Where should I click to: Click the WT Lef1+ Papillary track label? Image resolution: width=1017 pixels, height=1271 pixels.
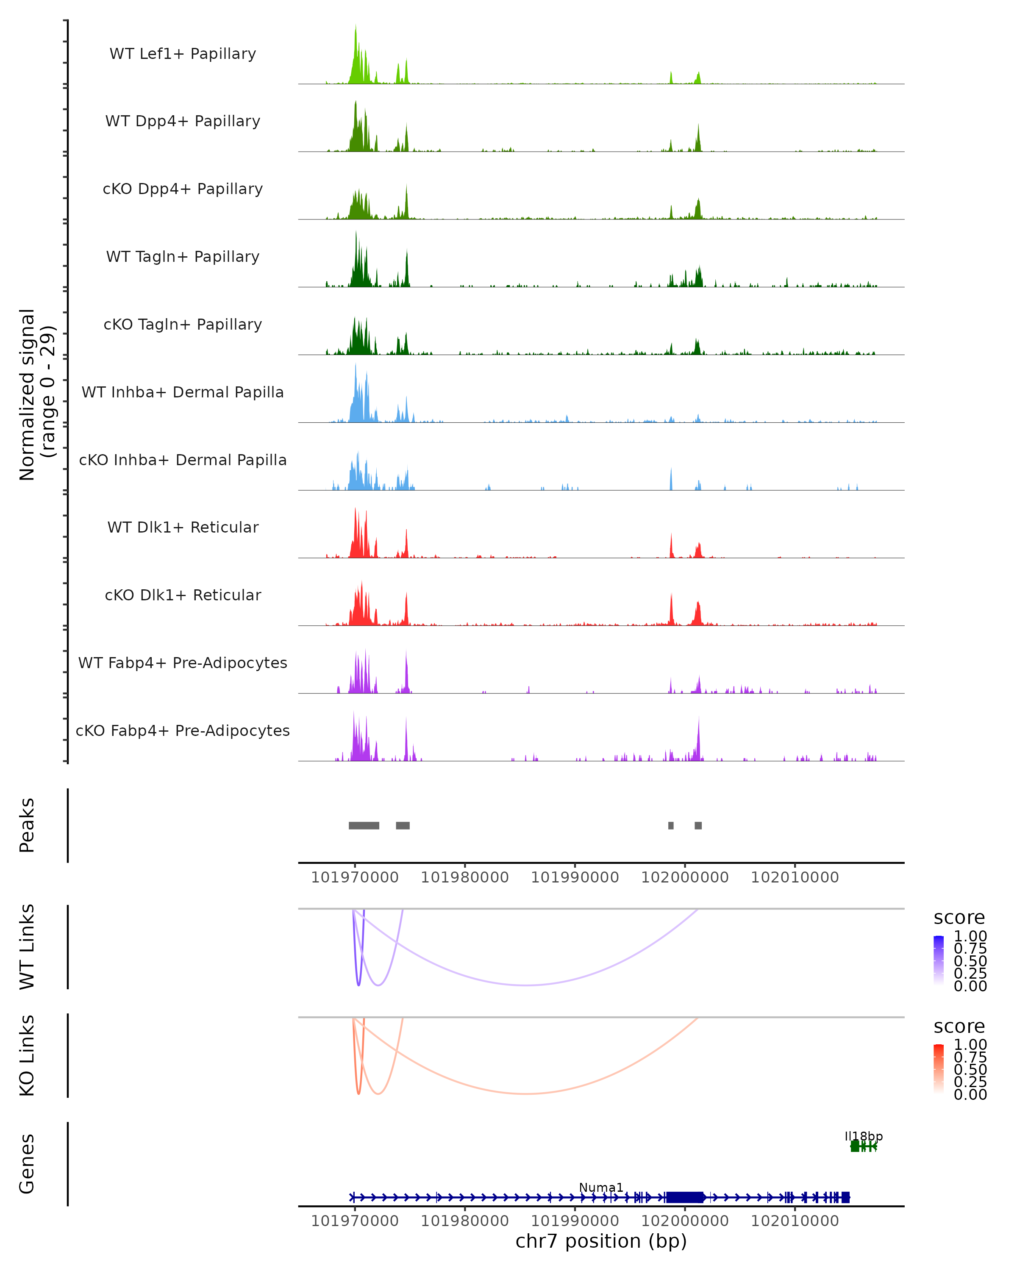point(183,54)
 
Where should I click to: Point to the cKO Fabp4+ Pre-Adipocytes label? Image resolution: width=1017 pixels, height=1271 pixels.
point(183,730)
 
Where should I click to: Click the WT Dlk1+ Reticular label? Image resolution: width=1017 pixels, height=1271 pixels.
point(183,527)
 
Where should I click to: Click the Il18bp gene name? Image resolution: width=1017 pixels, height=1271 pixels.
point(864,1137)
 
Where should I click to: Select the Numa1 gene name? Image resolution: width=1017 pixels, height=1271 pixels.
point(601,1187)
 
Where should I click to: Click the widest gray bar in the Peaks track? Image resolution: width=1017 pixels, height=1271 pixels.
point(364,825)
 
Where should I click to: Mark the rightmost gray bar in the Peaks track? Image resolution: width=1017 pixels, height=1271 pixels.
point(698,825)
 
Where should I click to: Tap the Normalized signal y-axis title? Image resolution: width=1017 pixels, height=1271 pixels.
point(36,394)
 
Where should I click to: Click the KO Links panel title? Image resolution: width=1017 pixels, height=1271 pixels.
point(27,1055)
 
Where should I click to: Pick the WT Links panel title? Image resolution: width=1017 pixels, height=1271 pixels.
point(27,947)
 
